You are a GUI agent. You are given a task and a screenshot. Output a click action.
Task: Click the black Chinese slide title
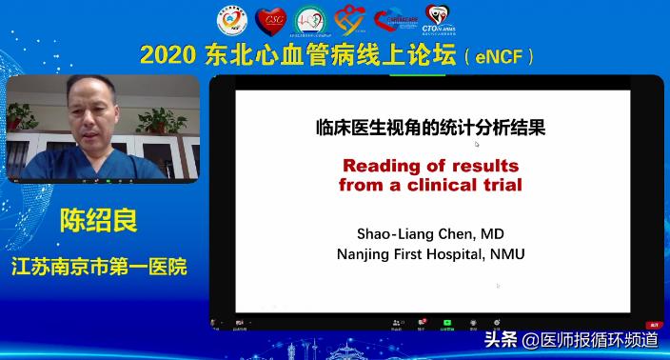tap(430, 129)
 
